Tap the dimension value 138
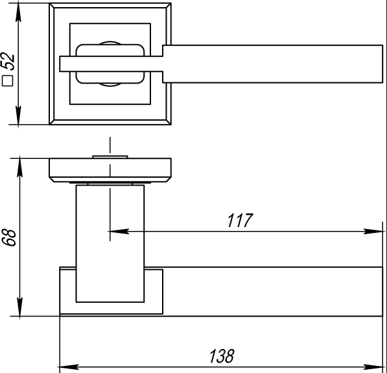coord(221,355)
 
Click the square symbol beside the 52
coord(9,81)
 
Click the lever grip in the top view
coord(272,64)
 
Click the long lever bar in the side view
coord(272,292)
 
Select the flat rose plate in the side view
coord(111,169)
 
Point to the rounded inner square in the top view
coord(110,63)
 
